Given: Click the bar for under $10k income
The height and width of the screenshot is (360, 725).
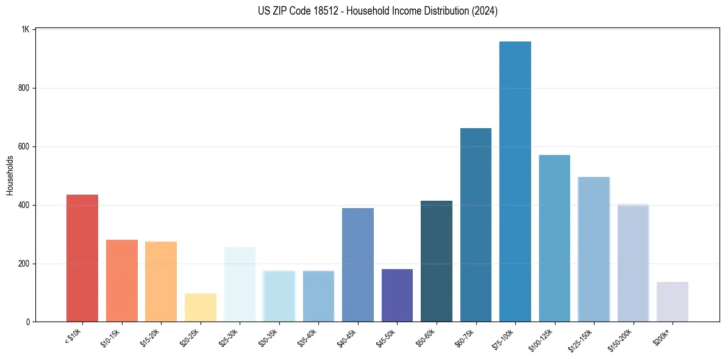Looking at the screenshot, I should coord(82,258).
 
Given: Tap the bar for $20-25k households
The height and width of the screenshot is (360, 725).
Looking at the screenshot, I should coord(201,308).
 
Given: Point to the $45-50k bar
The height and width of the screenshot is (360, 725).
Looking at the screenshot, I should coord(397,295).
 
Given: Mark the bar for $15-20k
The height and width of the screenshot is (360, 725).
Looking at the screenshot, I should coord(161,282).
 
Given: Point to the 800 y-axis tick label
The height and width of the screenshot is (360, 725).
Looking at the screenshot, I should coord(24,88).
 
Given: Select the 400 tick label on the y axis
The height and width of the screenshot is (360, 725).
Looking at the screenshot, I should coord(24,205).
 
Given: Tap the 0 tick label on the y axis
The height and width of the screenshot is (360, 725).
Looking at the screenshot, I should coord(28,322).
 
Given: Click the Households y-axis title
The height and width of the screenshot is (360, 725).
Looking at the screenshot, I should coord(10,175).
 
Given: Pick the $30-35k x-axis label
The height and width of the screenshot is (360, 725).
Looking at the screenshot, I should coord(268,337).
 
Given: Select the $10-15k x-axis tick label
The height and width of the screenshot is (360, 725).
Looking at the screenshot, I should coord(111,337).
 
